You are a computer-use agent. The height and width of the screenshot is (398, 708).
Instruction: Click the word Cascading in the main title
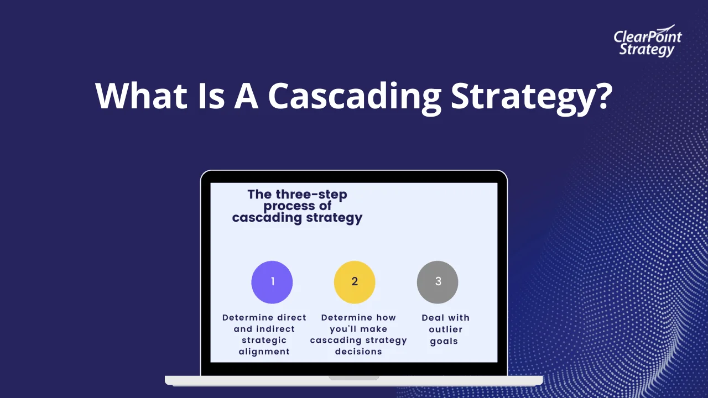pyautogui.click(x=354, y=96)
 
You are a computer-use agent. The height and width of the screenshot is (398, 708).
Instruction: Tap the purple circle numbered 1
pyautogui.click(x=272, y=282)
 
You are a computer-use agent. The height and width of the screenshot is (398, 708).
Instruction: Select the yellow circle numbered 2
pyautogui.click(x=355, y=282)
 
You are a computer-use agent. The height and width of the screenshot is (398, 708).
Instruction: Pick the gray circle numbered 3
pyautogui.click(x=438, y=282)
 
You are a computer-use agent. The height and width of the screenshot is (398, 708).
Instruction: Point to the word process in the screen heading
pyautogui.click(x=283, y=206)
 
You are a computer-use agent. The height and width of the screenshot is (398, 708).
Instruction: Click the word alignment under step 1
pyautogui.click(x=264, y=352)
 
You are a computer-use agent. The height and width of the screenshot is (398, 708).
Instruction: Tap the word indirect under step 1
pyautogui.click(x=275, y=329)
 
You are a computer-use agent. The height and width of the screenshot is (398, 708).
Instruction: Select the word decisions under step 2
pyautogui.click(x=358, y=352)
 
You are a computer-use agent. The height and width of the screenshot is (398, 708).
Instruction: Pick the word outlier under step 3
pyautogui.click(x=445, y=329)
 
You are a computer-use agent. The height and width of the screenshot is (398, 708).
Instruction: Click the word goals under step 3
pyautogui.click(x=444, y=341)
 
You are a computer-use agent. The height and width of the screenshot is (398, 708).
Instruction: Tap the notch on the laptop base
pyautogui.click(x=354, y=378)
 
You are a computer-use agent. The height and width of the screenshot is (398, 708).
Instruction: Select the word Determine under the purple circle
pyautogui.click(x=248, y=318)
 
